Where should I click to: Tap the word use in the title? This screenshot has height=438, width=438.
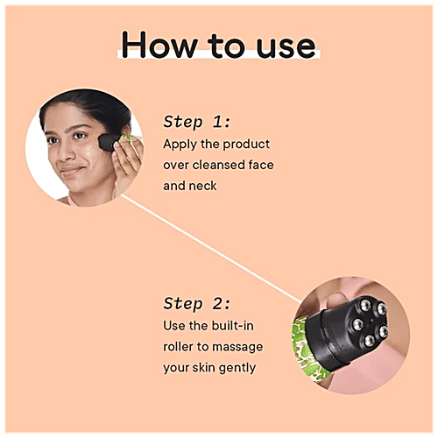(x=286, y=46)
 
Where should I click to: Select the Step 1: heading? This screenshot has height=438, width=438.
(x=196, y=122)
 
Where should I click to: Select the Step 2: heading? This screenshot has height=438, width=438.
(x=196, y=303)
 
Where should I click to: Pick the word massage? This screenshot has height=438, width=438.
(x=237, y=348)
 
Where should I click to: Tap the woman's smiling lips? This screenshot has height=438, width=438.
(x=71, y=170)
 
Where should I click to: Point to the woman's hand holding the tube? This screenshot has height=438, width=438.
(x=128, y=164)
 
